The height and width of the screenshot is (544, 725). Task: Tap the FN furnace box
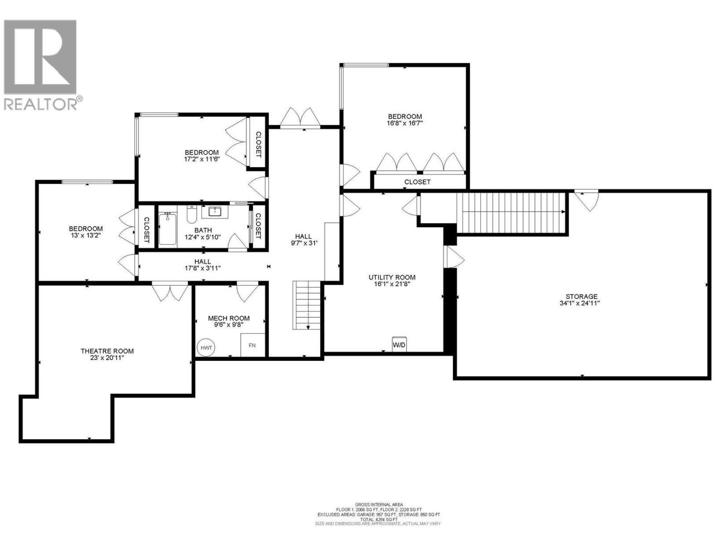click(x=252, y=345)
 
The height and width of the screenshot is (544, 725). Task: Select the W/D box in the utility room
click(x=399, y=345)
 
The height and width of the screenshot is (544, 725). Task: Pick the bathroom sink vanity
click(x=215, y=212)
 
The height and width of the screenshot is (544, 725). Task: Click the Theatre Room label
click(x=107, y=351)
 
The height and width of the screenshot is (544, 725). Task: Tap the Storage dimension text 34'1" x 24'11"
click(x=580, y=303)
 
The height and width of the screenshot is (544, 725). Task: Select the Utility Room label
click(x=392, y=277)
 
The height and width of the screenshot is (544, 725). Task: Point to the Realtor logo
click(x=41, y=64)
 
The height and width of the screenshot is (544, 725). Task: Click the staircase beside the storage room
click(x=512, y=212)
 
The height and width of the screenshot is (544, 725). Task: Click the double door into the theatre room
click(x=170, y=292)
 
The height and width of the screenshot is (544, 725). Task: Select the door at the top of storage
click(x=587, y=200)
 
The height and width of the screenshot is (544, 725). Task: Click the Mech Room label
click(x=229, y=318)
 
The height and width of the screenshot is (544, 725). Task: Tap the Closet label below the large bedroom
click(x=417, y=182)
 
